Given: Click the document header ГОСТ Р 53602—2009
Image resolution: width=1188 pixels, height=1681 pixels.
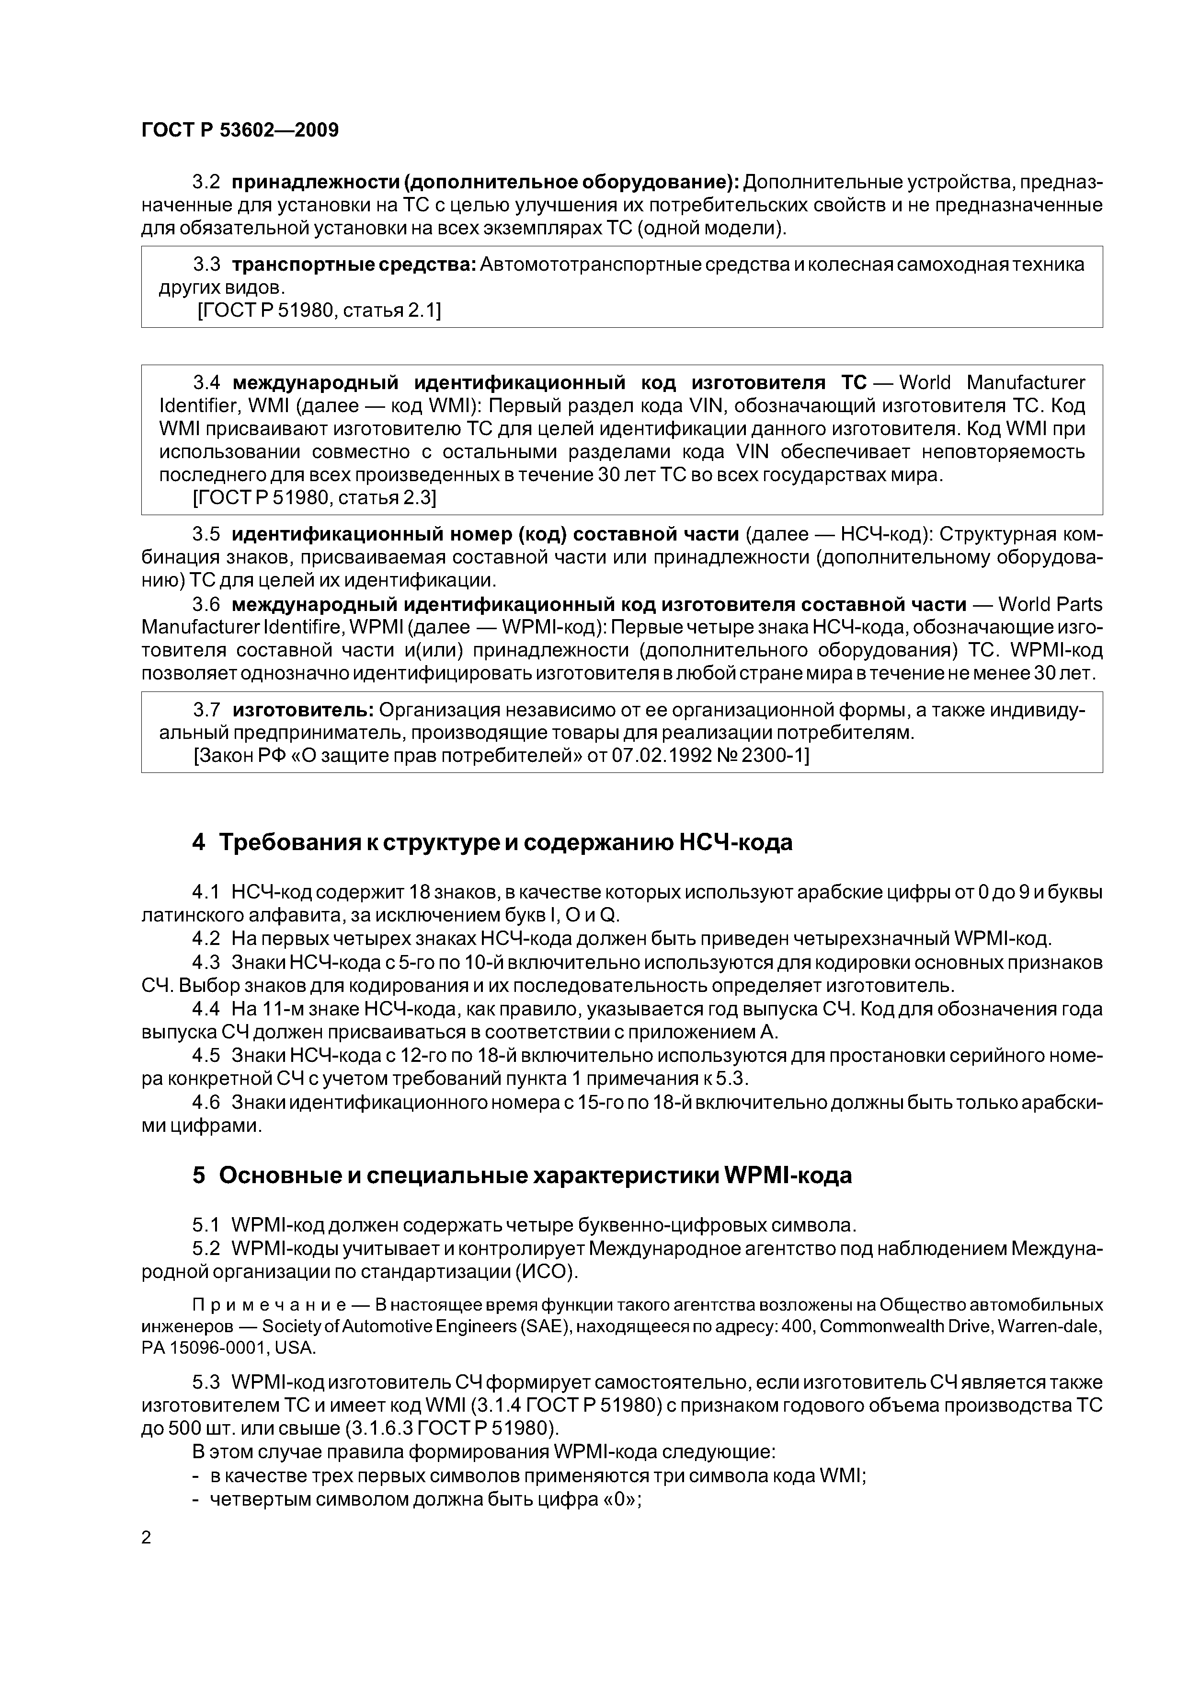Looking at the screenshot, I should [x=240, y=130].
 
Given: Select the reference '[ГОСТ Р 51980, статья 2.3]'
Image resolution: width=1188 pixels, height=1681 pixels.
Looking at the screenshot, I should [x=315, y=498].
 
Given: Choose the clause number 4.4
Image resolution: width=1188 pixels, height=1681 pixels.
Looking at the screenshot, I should [x=206, y=1009].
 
